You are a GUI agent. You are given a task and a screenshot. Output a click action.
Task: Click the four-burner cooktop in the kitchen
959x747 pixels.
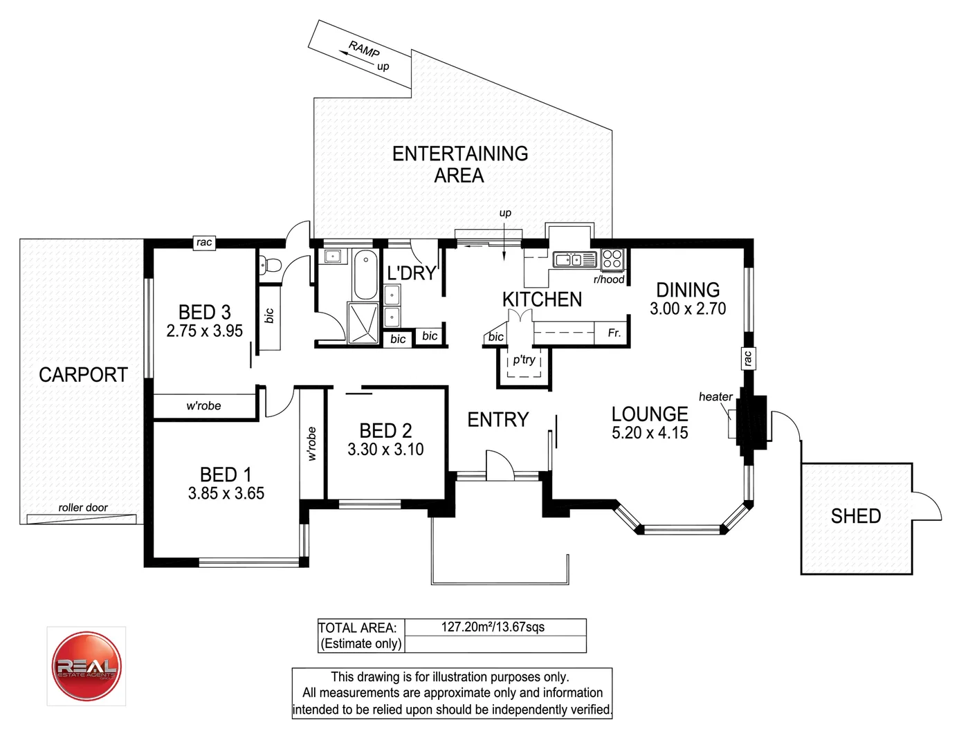[612, 259]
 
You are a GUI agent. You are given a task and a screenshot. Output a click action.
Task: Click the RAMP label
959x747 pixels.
[364, 50]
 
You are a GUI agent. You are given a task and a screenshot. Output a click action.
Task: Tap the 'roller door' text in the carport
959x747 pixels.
[83, 508]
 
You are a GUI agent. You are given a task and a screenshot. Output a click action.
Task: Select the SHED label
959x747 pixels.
[855, 516]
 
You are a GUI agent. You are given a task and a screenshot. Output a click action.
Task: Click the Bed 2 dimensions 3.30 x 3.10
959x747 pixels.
[385, 450]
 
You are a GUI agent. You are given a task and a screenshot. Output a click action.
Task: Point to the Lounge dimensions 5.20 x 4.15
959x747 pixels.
[650, 433]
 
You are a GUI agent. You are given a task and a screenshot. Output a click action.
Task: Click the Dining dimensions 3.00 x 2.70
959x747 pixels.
[688, 308]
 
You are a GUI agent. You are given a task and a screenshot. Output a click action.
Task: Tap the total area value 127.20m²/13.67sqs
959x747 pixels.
[493, 627]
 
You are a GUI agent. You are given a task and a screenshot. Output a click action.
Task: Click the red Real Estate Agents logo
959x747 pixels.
[86, 666]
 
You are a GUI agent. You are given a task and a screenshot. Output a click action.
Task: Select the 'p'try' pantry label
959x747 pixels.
[524, 360]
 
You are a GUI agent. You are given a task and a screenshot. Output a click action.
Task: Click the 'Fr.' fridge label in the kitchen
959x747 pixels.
[614, 333]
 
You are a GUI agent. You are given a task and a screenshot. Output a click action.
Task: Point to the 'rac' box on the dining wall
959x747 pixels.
[747, 358]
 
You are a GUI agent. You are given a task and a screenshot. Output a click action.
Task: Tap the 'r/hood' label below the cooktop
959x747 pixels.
[609, 279]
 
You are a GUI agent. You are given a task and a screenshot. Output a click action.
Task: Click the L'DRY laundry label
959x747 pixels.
[411, 273]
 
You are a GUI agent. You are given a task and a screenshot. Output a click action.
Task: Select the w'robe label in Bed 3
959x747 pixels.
[203, 406]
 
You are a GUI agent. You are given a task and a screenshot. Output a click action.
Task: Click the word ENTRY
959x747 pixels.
[497, 419]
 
